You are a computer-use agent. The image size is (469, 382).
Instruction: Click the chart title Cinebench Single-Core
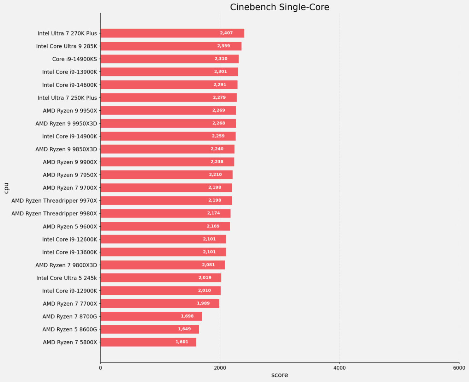pyautogui.click(x=279, y=7)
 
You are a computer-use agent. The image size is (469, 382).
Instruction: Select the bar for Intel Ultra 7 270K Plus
pyautogui.click(x=172, y=33)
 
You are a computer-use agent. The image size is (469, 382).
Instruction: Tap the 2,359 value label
pyautogui.click(x=224, y=46)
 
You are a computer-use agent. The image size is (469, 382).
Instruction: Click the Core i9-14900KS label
pyautogui.click(x=75, y=59)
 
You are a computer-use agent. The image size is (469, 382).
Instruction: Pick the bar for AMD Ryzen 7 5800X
pyautogui.click(x=148, y=342)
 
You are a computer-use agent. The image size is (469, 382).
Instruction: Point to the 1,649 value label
pyautogui.click(x=184, y=329)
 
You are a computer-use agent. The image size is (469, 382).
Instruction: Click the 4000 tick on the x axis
pyautogui.click(x=340, y=368)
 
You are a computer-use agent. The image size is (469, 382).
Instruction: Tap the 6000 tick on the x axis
pyautogui.click(x=459, y=368)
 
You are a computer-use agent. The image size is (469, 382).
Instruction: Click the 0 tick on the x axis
pyautogui.click(x=101, y=368)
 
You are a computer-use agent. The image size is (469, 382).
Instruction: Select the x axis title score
pyautogui.click(x=279, y=375)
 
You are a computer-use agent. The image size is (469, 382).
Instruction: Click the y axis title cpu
pyautogui.click(x=6, y=188)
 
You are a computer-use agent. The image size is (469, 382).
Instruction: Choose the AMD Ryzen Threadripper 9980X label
pyautogui.click(x=54, y=214)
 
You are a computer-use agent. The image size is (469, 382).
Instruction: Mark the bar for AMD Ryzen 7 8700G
pyautogui.click(x=151, y=316)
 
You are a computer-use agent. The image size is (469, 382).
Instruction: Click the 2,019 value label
pyautogui.click(x=205, y=278)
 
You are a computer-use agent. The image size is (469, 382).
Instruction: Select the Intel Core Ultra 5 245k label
pyautogui.click(x=66, y=278)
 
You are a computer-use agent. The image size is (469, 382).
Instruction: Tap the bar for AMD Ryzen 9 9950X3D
pyautogui.click(x=168, y=123)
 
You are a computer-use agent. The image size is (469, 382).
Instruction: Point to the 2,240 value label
pyautogui.click(x=217, y=149)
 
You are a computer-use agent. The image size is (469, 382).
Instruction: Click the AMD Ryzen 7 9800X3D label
pyautogui.click(x=66, y=265)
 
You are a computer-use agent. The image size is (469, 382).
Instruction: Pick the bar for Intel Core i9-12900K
pyautogui.click(x=161, y=291)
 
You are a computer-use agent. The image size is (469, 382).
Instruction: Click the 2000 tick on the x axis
pyautogui.click(x=220, y=368)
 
